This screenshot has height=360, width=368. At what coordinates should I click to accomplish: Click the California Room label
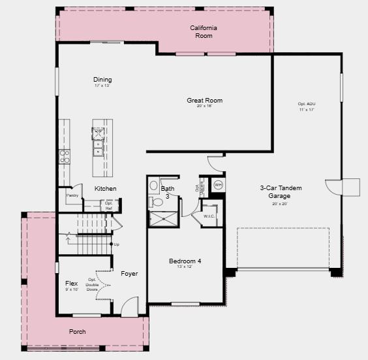click(204, 31)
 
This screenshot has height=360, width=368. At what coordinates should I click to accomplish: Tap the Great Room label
click(205, 101)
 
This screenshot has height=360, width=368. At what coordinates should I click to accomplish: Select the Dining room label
click(102, 80)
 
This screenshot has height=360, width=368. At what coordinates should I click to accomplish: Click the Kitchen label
click(105, 189)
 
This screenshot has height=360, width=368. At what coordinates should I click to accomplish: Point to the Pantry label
click(72, 195)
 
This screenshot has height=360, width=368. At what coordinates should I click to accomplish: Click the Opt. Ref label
click(109, 205)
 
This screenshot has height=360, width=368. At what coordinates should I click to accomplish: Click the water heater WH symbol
click(218, 184)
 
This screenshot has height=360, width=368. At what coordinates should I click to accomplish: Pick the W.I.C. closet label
click(209, 216)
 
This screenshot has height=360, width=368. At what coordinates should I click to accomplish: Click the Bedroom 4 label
click(185, 261)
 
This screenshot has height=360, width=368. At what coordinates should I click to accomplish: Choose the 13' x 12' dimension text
click(185, 267)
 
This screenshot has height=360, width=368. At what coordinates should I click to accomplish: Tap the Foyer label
click(129, 274)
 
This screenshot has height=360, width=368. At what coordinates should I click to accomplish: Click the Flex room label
click(72, 284)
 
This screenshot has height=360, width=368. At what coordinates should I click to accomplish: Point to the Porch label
click(78, 332)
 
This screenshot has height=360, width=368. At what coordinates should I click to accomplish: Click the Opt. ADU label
click(307, 105)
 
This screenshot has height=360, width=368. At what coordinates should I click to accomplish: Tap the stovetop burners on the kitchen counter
click(65, 156)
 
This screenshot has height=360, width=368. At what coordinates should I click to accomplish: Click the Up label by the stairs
click(117, 244)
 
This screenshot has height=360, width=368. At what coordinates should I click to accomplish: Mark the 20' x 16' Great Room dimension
click(205, 106)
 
